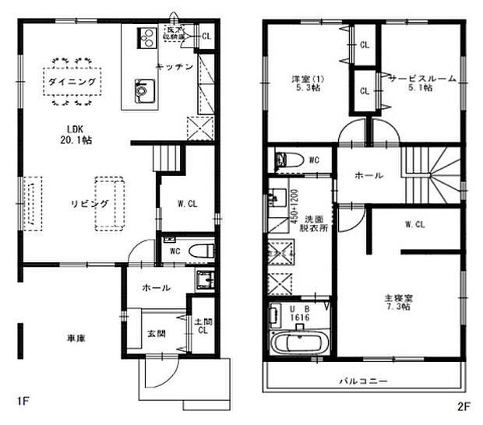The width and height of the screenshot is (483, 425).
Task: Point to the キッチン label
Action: tap(175, 67)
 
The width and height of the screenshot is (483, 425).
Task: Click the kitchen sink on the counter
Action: tap(143, 90)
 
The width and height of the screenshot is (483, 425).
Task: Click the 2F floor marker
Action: tap(465, 407)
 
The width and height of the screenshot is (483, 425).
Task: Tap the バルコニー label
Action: tap(362, 381)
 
